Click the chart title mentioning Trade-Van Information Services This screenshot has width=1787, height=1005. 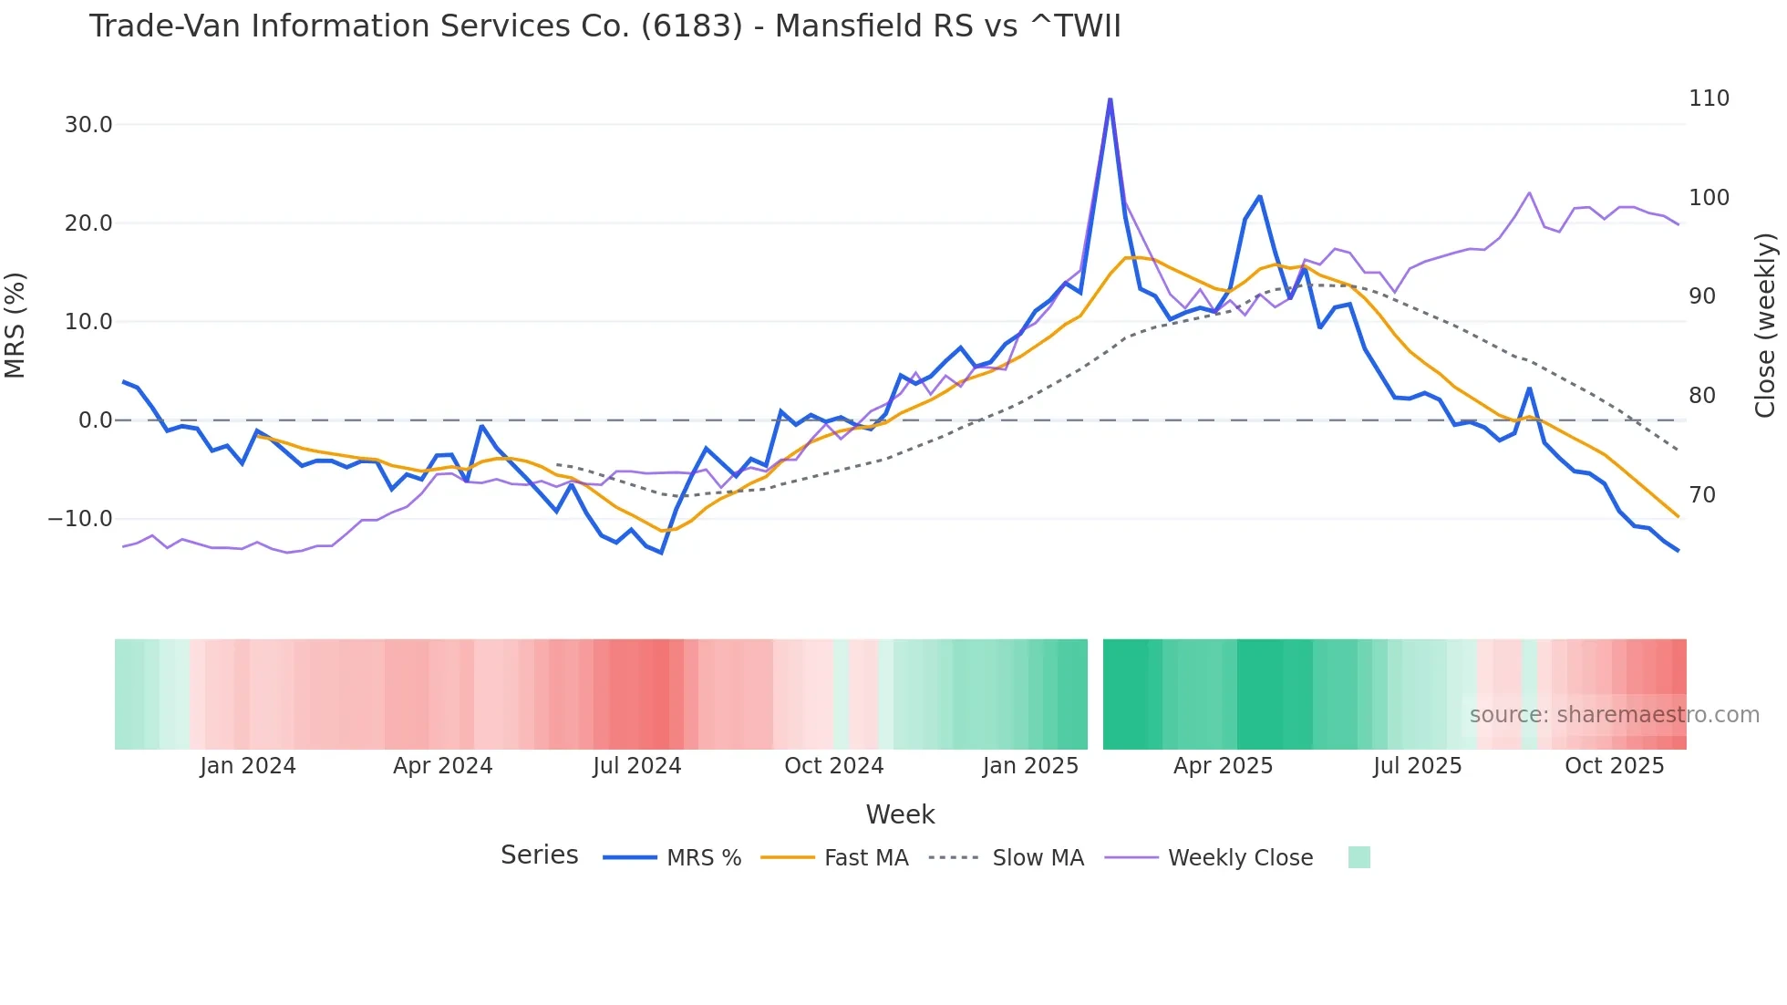[604, 26]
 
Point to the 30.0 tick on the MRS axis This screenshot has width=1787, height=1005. [88, 125]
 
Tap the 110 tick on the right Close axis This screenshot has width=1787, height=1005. [1708, 98]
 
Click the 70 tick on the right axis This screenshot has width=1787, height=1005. [1701, 495]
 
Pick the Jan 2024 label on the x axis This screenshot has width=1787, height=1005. [248, 766]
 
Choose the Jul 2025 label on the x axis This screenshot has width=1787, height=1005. [1417, 766]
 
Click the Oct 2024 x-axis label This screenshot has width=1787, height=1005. [833, 766]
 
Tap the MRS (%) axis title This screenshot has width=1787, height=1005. [15, 325]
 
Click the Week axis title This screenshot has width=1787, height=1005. [900, 814]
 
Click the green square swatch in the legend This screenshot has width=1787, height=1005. [1358, 857]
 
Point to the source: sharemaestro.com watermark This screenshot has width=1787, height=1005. [1614, 715]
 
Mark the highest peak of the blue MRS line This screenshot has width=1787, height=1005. [1110, 99]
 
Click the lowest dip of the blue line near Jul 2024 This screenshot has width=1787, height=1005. [661, 553]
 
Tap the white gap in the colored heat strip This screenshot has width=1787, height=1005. [1095, 694]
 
